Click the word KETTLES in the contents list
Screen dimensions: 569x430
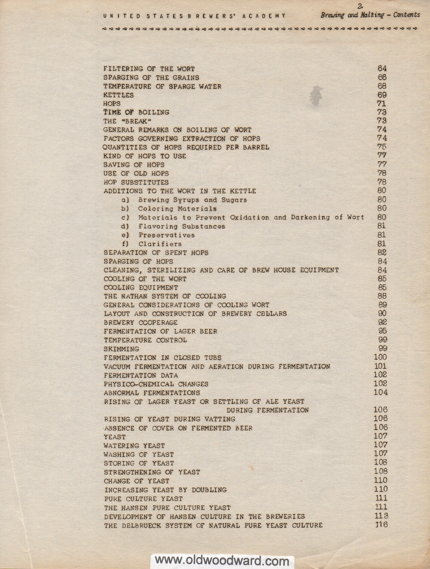pyautogui.click(x=119, y=95)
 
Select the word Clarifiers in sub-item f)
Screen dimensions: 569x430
pyautogui.click(x=160, y=244)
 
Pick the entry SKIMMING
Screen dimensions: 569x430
pyautogui.click(x=121, y=349)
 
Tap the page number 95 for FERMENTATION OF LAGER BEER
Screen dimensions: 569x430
pyautogui.click(x=382, y=331)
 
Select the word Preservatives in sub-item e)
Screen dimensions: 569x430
pyautogui.click(x=167, y=235)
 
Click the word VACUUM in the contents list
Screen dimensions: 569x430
pyautogui.click(x=117, y=367)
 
